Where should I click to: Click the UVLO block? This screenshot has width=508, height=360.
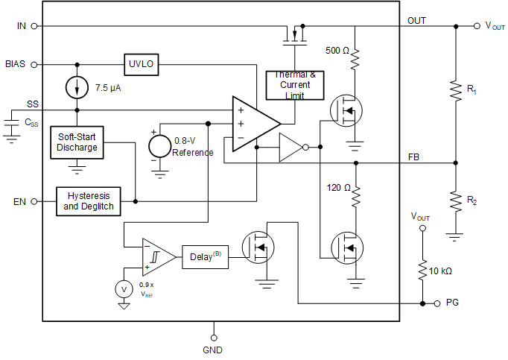pos(142,64)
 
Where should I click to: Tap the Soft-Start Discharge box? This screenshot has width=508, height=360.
pos(77,142)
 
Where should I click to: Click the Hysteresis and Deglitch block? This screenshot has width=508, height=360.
pos(89,201)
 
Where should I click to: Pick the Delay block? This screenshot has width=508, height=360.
pos(204,256)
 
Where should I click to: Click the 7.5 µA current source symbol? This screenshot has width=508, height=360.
pos(77,87)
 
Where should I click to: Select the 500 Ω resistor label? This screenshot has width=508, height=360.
pos(337,51)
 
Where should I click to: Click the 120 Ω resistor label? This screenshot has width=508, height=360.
pos(337,188)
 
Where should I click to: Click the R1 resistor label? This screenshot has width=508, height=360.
pos(472,89)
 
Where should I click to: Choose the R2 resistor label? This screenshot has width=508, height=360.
pos(472,200)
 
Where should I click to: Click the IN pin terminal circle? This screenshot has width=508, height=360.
pos(34,25)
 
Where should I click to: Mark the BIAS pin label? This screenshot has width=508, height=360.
pos(15,64)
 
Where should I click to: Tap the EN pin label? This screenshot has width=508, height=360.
pos(19,201)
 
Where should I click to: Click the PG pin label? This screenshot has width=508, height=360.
pos(452,303)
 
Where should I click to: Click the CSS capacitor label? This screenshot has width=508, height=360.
pos(32,121)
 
